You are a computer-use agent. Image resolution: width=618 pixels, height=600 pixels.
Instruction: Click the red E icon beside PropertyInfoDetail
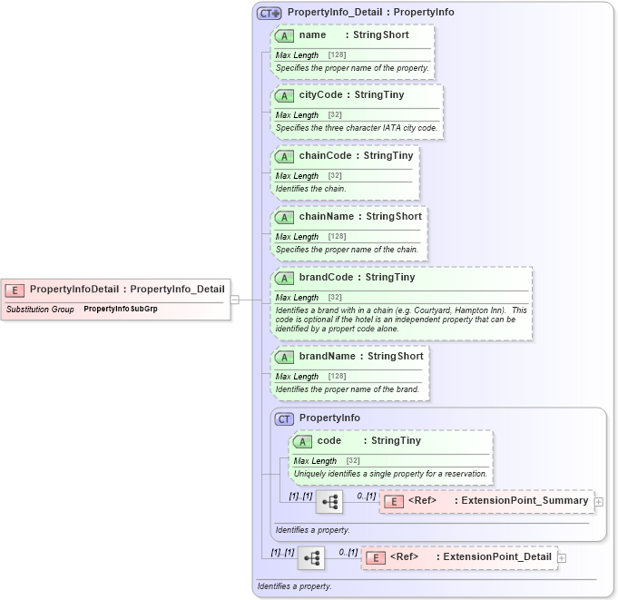(15, 290)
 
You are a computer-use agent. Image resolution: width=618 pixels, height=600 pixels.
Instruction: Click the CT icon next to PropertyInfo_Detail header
(270, 13)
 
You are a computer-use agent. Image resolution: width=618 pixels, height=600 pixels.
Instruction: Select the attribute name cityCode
(326, 95)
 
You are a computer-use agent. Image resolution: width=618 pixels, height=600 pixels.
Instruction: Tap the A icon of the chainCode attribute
(284, 156)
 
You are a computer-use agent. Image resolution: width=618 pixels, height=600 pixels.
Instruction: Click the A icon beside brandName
(284, 357)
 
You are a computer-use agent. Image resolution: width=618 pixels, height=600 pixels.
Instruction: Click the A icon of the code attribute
(302, 441)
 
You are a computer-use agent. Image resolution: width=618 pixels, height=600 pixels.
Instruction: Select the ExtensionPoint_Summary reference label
(525, 501)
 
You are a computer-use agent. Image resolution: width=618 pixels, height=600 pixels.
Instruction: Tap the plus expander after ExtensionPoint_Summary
(599, 501)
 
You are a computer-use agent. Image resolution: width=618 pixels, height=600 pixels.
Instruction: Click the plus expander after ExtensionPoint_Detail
(563, 557)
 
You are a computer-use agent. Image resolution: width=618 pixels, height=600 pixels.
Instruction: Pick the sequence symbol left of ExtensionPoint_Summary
(329, 501)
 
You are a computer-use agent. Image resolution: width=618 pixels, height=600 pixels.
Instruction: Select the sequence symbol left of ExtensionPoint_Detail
(311, 557)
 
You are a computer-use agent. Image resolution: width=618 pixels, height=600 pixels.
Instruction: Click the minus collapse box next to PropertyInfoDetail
(234, 298)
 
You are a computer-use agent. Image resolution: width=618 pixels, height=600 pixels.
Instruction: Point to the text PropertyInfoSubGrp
(120, 310)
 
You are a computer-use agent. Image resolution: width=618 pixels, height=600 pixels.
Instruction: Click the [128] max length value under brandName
(337, 377)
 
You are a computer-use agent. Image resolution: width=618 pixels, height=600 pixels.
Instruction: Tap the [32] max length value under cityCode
(334, 115)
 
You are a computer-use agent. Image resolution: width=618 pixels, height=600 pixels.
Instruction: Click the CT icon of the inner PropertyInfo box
(284, 418)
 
